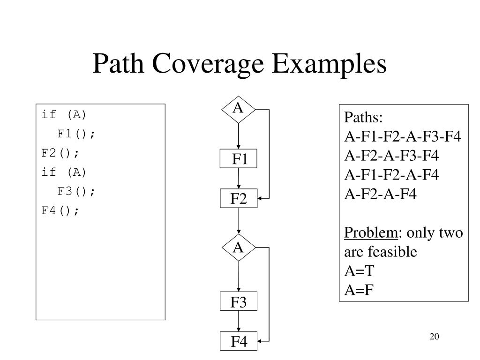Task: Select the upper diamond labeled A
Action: (239, 110)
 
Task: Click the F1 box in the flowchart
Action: (239, 160)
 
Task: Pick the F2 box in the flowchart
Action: (239, 199)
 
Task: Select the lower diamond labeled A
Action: (239, 247)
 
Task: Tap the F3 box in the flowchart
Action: (239, 302)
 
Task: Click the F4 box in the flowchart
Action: (239, 342)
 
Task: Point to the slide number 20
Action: (434, 337)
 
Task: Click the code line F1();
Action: (76, 134)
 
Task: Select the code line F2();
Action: (60, 153)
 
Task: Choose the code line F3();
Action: (76, 191)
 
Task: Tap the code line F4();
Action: (60, 210)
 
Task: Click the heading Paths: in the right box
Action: (364, 117)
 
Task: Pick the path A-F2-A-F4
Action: (381, 194)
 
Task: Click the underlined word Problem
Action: (371, 233)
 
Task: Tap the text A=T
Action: (360, 271)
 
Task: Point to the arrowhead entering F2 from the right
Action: (260, 198)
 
